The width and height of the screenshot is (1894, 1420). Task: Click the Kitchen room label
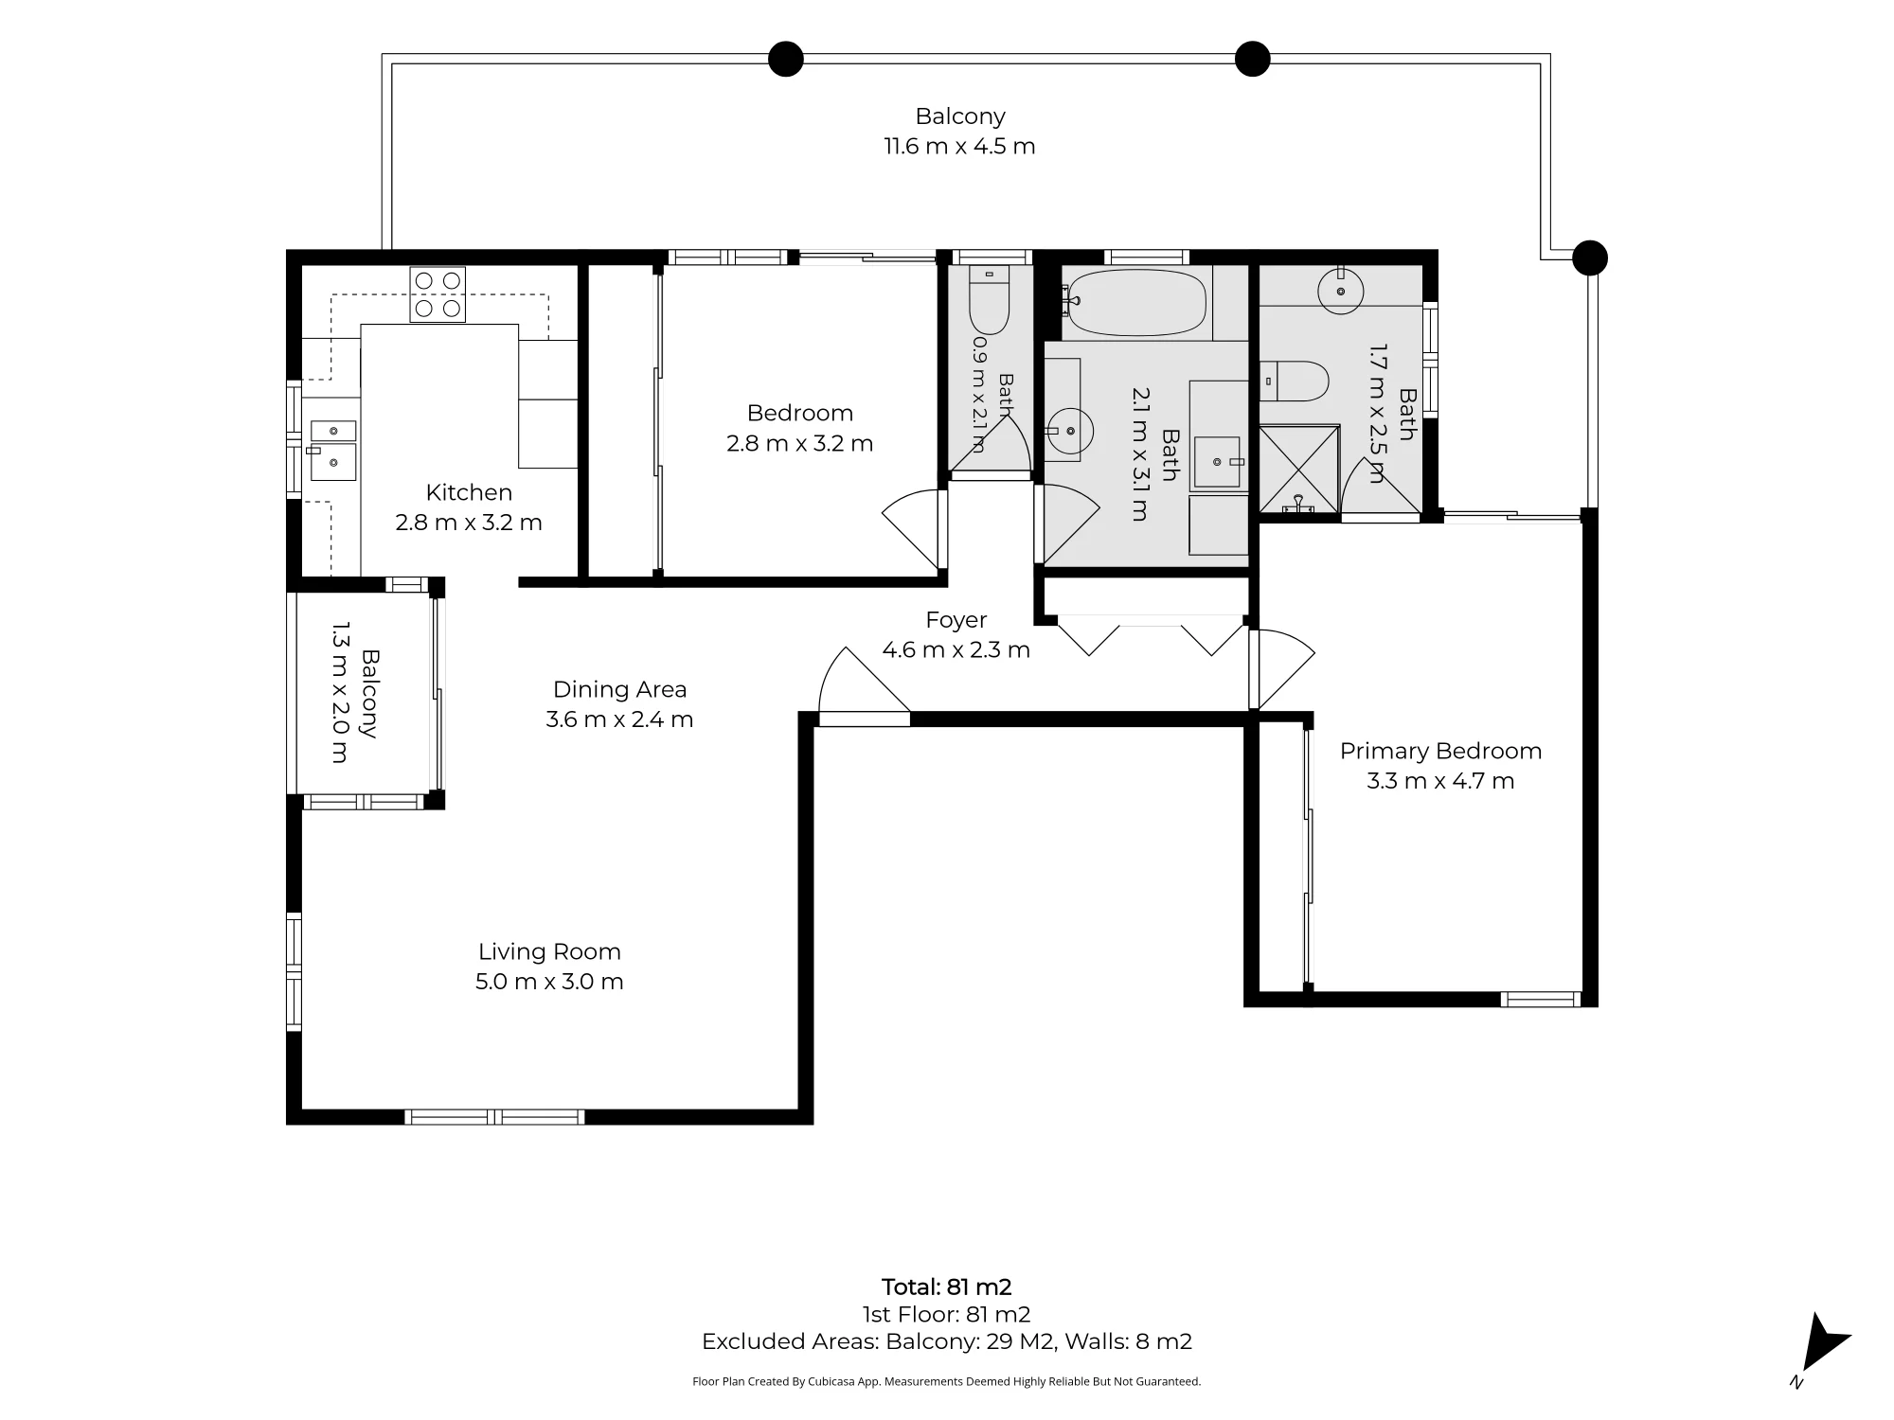point(469,492)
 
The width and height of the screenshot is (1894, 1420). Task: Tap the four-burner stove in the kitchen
point(438,294)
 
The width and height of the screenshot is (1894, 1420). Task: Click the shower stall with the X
point(1299,470)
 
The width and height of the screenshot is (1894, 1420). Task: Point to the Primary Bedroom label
point(1440,751)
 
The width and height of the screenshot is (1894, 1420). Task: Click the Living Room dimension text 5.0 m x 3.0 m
point(549,982)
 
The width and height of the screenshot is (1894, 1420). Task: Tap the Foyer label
point(956,620)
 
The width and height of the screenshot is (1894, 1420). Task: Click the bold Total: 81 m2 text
point(947,1287)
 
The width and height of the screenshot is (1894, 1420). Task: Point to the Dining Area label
point(619,689)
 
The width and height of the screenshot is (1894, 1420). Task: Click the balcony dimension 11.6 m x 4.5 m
point(959,147)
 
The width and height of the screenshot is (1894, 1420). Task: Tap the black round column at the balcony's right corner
point(1590,257)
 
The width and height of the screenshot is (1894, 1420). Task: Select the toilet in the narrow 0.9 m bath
point(990,295)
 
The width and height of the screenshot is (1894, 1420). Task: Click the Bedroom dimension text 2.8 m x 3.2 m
point(799,443)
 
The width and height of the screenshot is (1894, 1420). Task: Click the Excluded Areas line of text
point(947,1341)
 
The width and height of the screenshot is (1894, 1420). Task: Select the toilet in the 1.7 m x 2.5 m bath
point(1295,381)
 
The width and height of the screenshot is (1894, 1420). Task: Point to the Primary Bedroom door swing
point(1281,668)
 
